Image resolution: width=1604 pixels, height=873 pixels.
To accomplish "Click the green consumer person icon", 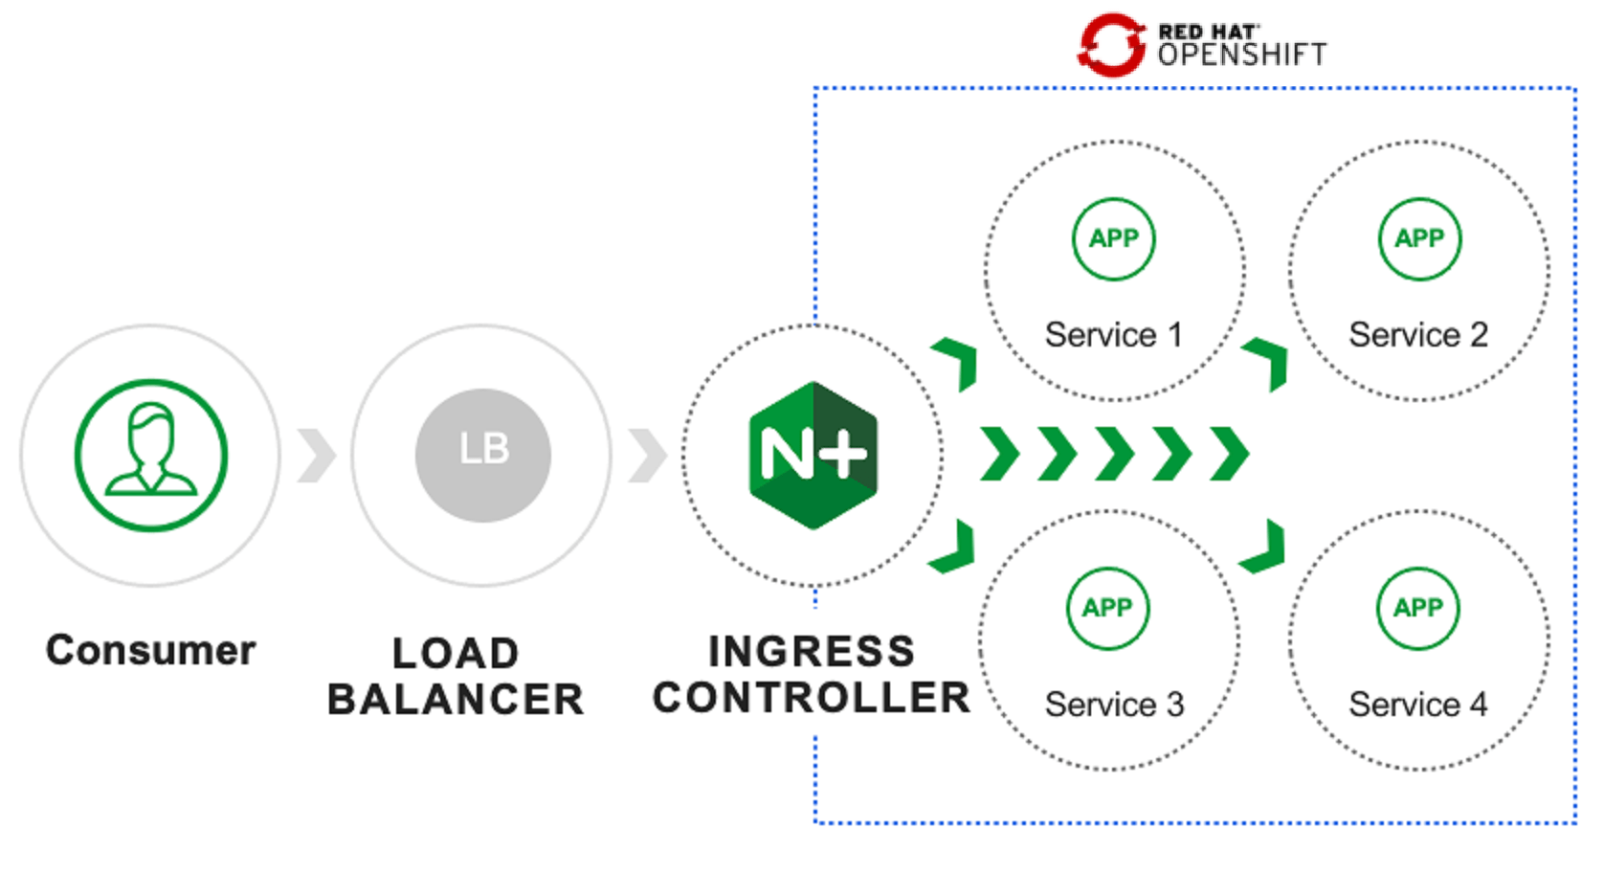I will click(x=151, y=455).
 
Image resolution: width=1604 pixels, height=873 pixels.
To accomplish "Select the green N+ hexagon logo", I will click(x=813, y=455).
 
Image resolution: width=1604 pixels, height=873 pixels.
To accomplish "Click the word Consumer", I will click(x=151, y=650).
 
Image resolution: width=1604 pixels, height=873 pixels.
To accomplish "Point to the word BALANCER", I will click(x=456, y=700).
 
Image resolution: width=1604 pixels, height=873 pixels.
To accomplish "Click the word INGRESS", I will click(x=812, y=652).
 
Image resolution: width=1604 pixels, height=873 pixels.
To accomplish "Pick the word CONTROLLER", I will click(x=812, y=698).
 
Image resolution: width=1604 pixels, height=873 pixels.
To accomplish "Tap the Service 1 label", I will click(x=1114, y=335).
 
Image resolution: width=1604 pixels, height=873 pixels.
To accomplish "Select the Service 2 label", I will click(x=1418, y=335).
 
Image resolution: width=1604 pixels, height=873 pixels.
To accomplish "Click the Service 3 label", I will click(x=1114, y=705).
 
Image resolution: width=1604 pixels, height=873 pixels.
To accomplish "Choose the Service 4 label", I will click(x=1418, y=705).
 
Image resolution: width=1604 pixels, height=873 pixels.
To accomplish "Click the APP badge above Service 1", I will click(x=1114, y=238).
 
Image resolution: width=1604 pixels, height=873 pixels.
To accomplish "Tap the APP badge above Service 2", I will click(x=1419, y=238).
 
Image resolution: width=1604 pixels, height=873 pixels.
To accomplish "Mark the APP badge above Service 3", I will click(x=1107, y=608).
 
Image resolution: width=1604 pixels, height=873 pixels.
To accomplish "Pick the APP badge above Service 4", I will click(x=1418, y=608).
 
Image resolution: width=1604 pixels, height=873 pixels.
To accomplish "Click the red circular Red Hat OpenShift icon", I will click(x=1111, y=44).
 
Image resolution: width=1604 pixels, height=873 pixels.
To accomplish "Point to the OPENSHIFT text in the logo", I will click(x=1242, y=55).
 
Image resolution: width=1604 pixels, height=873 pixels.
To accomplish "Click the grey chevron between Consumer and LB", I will click(x=317, y=456).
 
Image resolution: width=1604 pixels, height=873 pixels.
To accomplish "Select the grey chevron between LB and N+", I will click(x=648, y=456).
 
